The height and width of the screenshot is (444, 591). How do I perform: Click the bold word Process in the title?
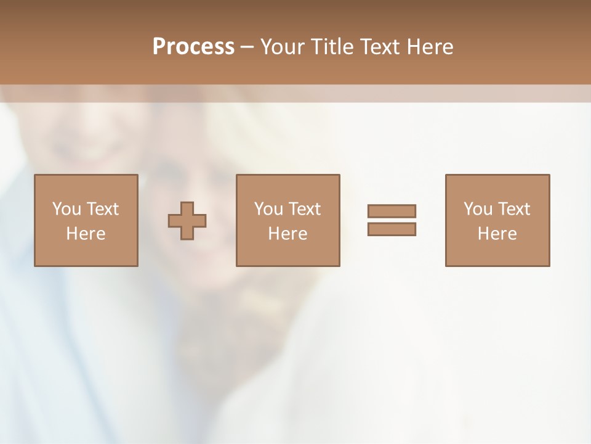tap(193, 47)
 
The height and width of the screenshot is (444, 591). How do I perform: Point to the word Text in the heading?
tap(377, 47)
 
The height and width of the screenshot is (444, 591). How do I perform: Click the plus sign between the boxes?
tap(187, 221)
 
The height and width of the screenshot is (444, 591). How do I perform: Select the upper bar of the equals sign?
tap(392, 211)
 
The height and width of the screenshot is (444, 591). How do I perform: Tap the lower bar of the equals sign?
tap(392, 229)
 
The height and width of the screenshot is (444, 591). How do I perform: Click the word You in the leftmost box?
tap(66, 209)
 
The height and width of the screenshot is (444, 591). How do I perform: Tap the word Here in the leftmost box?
tap(86, 234)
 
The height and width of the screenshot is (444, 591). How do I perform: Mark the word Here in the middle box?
tap(287, 234)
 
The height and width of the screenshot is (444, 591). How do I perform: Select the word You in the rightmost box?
tap(478, 209)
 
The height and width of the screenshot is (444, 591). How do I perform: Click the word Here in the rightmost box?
tap(497, 234)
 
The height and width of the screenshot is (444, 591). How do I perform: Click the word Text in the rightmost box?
tap(513, 209)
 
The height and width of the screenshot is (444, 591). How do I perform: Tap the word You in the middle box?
tap(268, 209)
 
